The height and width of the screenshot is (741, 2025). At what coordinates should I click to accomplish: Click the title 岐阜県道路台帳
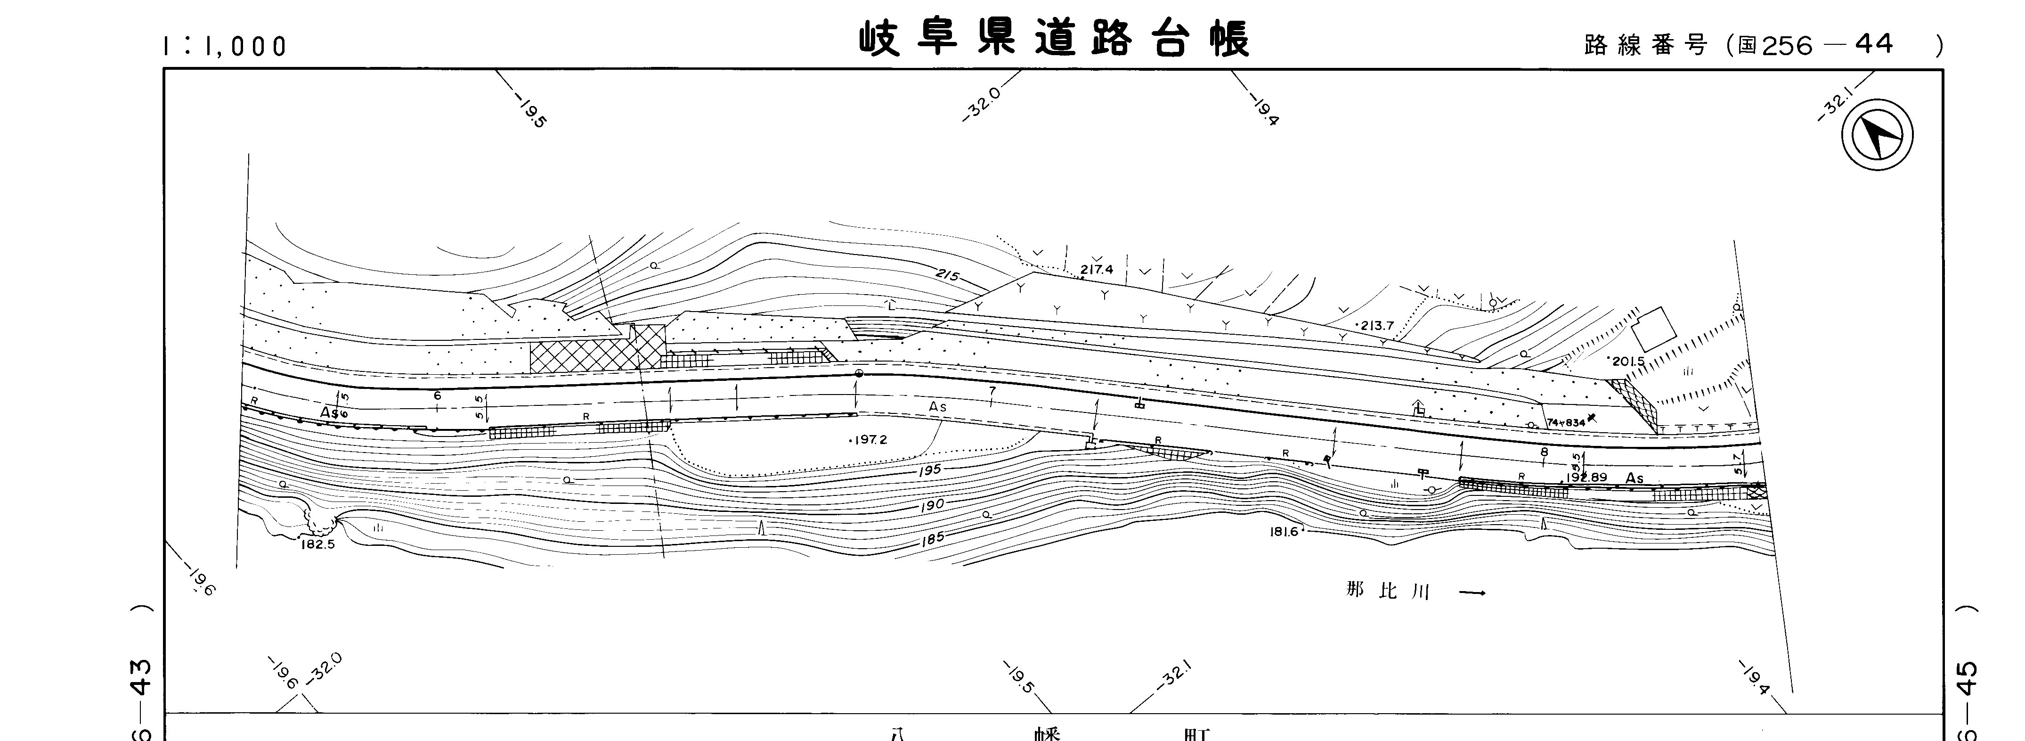pos(1053,39)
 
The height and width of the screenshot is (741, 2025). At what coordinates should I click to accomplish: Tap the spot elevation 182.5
pos(317,543)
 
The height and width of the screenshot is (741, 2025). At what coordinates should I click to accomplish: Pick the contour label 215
pos(949,275)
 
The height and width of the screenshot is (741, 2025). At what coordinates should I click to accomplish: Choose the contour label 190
pos(932,505)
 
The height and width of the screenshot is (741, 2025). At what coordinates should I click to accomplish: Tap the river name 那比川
pos(1388,591)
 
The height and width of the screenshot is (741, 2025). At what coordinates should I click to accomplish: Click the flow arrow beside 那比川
pos(1472,593)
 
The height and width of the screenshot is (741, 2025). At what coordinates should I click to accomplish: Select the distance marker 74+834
pos(1566,422)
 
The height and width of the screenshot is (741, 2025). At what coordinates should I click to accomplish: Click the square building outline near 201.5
pos(1653,329)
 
